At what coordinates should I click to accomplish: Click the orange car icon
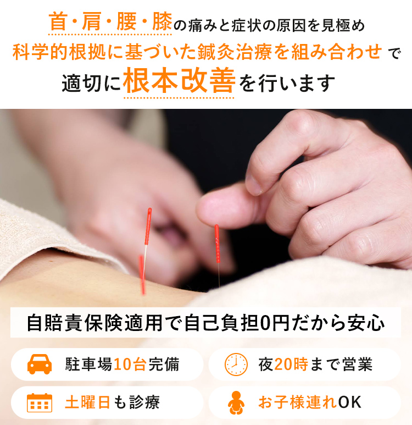(40, 364)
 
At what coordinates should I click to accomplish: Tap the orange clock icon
(236, 365)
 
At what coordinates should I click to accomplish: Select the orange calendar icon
(40, 402)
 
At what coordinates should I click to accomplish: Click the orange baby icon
(236, 402)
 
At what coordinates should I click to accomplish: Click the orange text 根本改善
(179, 80)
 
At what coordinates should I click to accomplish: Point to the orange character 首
(58, 21)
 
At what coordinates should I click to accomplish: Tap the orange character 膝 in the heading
(162, 21)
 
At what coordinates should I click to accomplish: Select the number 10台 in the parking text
(130, 365)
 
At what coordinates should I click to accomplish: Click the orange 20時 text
(291, 365)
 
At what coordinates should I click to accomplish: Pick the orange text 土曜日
(87, 402)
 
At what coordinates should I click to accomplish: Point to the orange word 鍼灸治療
(235, 52)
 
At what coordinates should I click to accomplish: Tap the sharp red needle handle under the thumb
(217, 244)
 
